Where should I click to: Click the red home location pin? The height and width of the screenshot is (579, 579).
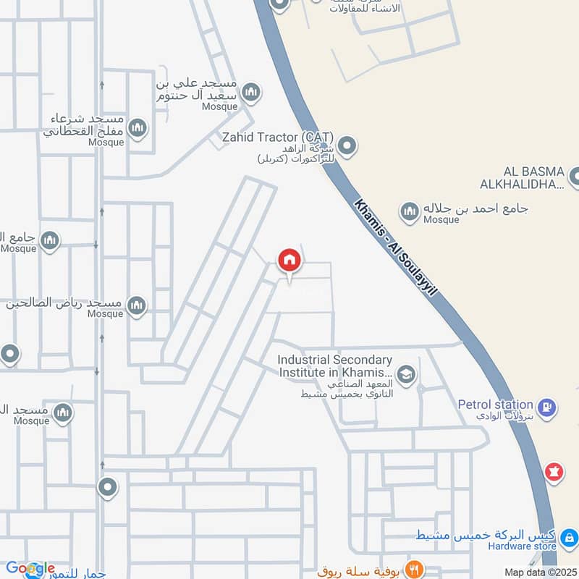(289, 261)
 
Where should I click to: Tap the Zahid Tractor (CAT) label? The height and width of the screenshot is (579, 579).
(277, 136)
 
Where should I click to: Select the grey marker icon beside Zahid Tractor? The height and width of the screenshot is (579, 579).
(347, 147)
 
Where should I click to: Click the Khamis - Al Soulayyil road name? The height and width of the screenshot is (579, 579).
(397, 247)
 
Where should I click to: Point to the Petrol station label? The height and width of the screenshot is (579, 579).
(496, 404)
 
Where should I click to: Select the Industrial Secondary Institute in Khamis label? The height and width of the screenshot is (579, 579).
(336, 365)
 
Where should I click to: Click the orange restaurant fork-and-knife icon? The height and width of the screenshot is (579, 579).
(415, 568)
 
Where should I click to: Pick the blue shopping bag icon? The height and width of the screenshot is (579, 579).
(570, 538)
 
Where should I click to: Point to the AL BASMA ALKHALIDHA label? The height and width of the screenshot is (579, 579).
(525, 177)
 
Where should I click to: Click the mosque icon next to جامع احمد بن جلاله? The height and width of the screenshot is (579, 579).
(410, 211)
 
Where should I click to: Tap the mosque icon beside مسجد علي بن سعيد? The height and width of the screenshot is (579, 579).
(251, 92)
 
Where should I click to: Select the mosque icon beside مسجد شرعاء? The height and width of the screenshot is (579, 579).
(137, 129)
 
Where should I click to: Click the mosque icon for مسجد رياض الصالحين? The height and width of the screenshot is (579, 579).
(136, 307)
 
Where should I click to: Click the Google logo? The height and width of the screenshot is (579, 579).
(30, 568)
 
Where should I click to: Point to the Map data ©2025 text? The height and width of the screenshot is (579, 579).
(539, 572)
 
